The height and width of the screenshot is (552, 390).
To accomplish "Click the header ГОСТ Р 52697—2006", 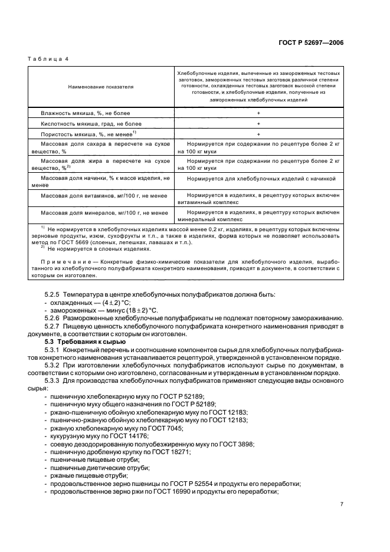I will pyautogui.click(x=312, y=42).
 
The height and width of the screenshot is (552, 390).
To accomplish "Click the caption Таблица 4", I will pyautogui.click(x=49, y=60).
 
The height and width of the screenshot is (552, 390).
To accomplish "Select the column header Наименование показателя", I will pyautogui.click(x=101, y=87).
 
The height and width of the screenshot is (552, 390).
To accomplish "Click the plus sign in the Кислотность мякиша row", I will pyautogui.click(x=258, y=123).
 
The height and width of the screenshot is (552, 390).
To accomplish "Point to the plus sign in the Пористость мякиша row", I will pyautogui.click(x=258, y=134).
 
